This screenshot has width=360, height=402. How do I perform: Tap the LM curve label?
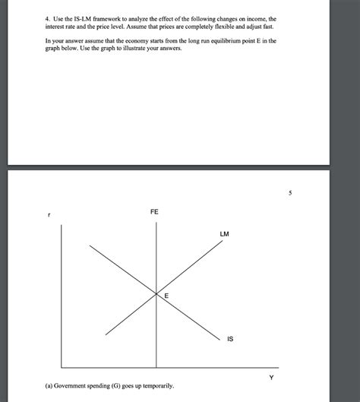point(225,233)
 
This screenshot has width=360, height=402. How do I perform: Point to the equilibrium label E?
point(166,296)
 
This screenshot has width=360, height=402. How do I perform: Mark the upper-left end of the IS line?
point(90,245)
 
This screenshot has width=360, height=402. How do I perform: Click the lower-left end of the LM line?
point(106,334)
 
